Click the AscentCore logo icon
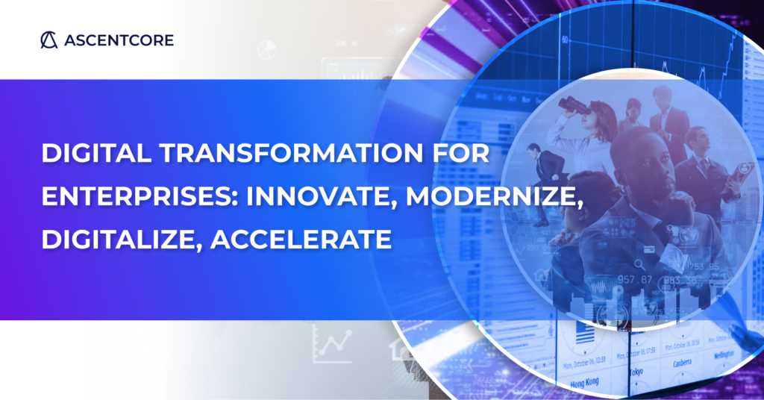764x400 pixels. pos(48,40)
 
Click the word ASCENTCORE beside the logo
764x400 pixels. pos(118,40)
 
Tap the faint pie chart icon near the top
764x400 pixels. pos(266,50)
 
